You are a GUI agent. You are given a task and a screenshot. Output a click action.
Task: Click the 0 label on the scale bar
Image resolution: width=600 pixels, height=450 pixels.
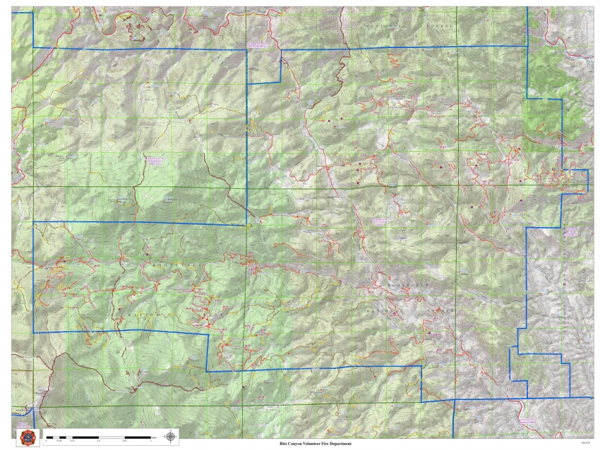click(x=47, y=441)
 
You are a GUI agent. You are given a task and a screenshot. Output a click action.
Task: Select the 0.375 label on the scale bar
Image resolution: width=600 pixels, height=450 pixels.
click(x=60, y=441)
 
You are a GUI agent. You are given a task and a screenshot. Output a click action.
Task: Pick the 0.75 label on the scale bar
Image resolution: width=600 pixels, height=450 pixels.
click(x=73, y=441)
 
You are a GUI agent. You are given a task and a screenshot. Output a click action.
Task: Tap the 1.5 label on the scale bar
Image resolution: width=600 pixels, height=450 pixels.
click(x=100, y=441)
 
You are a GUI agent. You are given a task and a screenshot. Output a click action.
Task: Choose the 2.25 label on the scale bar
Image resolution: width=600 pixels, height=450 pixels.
click(x=126, y=441)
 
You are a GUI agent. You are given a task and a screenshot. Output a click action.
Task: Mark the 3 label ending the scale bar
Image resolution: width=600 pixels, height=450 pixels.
click(x=151, y=441)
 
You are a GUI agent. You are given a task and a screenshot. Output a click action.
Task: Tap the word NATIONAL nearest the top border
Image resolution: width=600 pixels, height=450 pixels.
click(x=380, y=24)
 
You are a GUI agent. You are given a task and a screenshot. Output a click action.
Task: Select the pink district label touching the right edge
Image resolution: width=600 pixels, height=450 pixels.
click(x=571, y=231)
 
